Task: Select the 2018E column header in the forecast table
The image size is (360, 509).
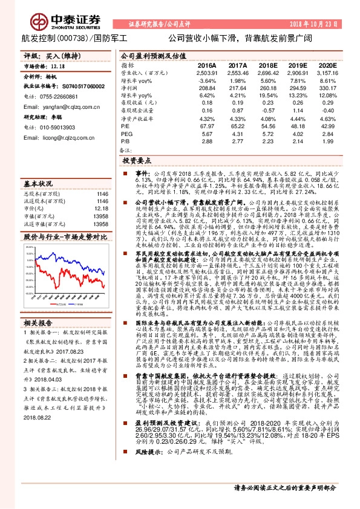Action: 267,65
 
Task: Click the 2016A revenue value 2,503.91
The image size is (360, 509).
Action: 207,72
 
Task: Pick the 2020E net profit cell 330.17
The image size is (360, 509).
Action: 327,88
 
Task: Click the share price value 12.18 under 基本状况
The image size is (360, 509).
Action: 85,208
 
